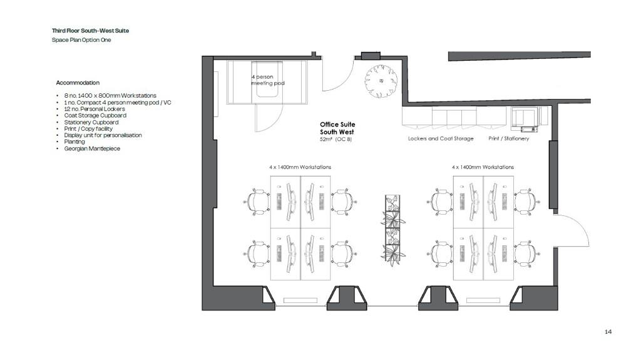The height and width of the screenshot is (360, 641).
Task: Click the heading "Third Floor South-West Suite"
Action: pyautogui.click(x=90, y=31)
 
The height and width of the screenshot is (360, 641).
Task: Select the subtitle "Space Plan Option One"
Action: pyautogui.click(x=81, y=40)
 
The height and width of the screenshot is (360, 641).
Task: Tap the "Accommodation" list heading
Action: pyautogui.click(x=78, y=83)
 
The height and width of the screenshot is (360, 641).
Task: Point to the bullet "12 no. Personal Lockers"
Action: pyautogui.click(x=95, y=109)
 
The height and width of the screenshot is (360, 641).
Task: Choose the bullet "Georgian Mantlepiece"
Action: pyautogui.click(x=92, y=148)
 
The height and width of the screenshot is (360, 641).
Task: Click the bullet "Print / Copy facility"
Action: pyautogui.click(x=88, y=129)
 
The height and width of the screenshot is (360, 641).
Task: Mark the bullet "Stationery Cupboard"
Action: pyautogui.click(x=91, y=122)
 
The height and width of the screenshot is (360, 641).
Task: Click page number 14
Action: pyautogui.click(x=608, y=332)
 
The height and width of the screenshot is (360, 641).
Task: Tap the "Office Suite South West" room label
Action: pyautogui.click(x=337, y=128)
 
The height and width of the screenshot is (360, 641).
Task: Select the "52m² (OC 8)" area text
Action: pyautogui.click(x=336, y=140)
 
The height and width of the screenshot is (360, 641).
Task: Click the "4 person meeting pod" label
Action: pyautogui.click(x=268, y=80)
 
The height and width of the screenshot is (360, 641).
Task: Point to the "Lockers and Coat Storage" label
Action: pyautogui.click(x=441, y=139)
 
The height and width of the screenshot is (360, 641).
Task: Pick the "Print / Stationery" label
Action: pyautogui.click(x=508, y=139)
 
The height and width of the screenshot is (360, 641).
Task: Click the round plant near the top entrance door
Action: pyautogui.click(x=381, y=81)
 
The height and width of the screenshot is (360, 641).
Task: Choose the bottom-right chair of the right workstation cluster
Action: pyautogui.click(x=526, y=254)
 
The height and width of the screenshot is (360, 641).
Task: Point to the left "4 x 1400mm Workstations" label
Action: pyautogui.click(x=300, y=167)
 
